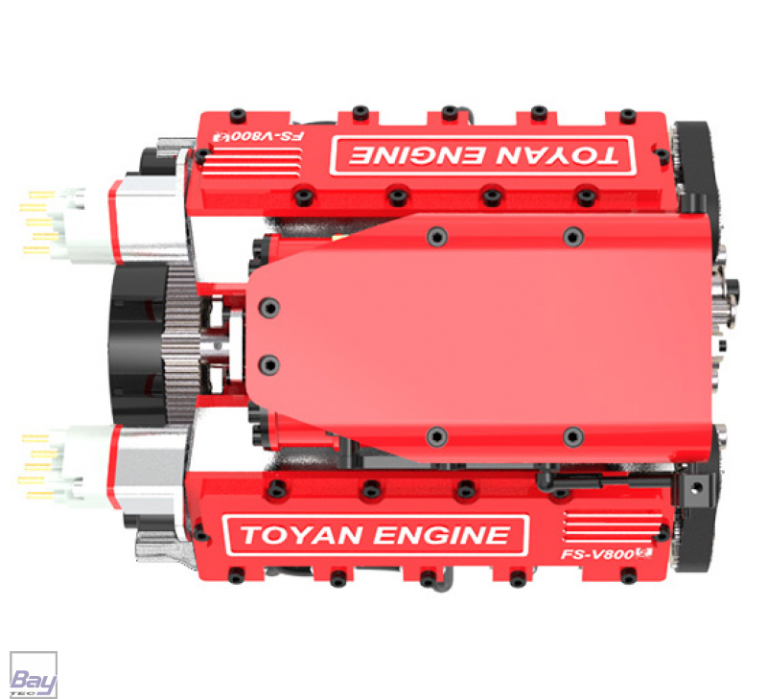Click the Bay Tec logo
click(x=34, y=674)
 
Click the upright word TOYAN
click(x=301, y=535)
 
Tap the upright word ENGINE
click(x=442, y=535)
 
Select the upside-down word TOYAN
click(x=557, y=156)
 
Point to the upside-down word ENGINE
click(x=416, y=155)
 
